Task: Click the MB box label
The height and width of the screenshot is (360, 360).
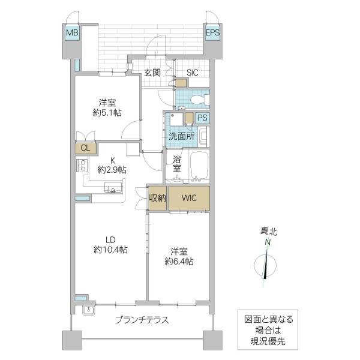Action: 72,33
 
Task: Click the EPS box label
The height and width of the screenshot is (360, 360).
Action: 212,33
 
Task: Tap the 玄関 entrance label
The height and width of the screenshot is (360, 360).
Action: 152,73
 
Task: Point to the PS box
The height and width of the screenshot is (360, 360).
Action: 203,118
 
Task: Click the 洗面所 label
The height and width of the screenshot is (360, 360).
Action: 181,136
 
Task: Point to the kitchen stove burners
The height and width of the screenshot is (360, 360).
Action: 82,166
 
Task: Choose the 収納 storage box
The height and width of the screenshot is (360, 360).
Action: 157,199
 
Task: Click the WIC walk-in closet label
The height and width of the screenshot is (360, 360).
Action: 189,198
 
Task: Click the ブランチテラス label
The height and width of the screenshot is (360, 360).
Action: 142,320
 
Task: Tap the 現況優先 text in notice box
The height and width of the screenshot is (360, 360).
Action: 264,341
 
